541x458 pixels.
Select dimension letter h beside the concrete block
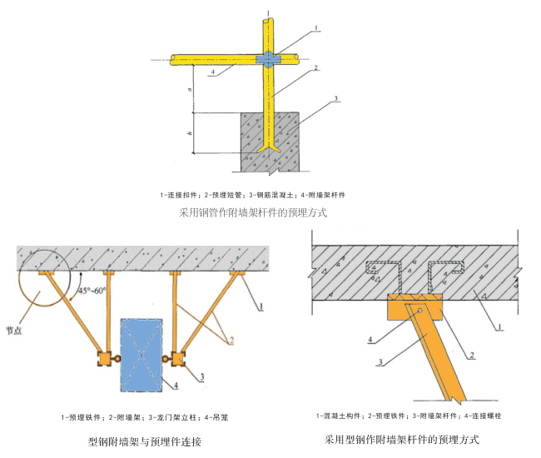[190, 133]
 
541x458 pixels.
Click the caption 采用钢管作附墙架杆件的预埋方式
[253, 212]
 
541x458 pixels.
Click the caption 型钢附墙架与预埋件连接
[144, 441]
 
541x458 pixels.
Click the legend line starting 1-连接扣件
[252, 194]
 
